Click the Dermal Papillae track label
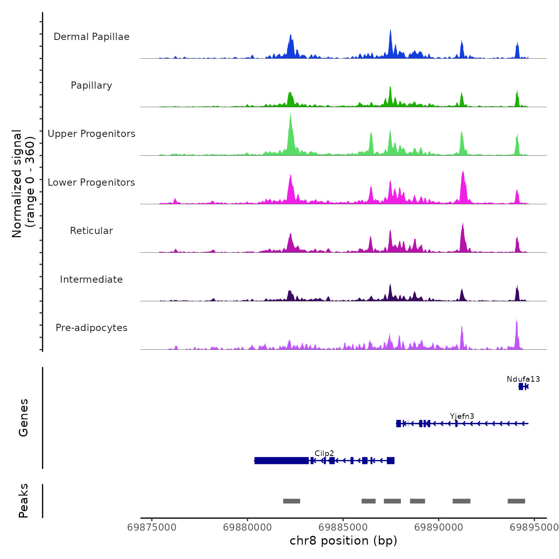91,37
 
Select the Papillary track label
91,85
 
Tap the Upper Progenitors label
91,134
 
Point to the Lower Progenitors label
91,182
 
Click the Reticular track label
91,231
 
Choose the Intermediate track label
91,279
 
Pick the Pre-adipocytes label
91,328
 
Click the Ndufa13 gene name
523,379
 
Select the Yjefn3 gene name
462,416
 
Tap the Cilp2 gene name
324,454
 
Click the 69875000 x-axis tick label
152,527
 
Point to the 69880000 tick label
248,527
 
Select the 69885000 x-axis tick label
343,527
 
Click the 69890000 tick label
439,527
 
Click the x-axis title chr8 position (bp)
343,541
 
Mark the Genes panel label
24,418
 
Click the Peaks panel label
24,501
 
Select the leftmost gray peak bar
291,501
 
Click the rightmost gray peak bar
516,501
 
